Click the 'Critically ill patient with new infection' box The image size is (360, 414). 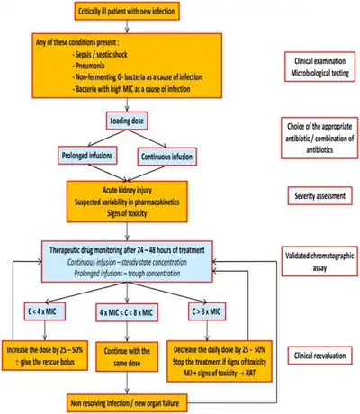[127, 12]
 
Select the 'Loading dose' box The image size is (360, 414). [127, 121]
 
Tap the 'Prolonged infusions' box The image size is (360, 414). [87, 156]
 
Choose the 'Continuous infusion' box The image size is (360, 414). [167, 157]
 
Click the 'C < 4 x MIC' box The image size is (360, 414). [45, 311]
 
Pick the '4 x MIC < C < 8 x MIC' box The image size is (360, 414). [127, 312]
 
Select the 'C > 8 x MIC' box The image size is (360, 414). [207, 311]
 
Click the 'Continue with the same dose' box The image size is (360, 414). [127, 356]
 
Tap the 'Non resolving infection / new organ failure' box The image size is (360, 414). [127, 402]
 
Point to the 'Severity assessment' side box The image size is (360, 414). [319, 196]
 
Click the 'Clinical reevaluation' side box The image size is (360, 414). [319, 355]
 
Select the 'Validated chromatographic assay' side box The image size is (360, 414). [319, 261]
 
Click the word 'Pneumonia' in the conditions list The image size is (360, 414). [90, 66]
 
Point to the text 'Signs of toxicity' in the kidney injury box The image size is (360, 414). [127, 213]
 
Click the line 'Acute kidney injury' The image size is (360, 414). [127, 190]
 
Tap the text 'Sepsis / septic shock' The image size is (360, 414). [100, 54]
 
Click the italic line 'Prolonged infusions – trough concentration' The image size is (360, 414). [127, 274]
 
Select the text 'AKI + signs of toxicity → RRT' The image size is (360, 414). [220, 373]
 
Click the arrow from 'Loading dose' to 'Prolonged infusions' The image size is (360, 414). [106, 139]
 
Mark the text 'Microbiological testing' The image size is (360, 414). [320, 73]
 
